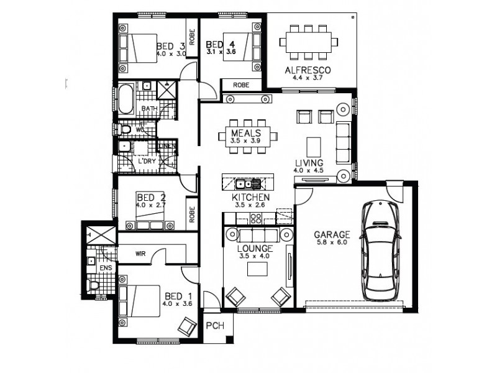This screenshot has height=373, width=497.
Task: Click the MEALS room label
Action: (x=245, y=134)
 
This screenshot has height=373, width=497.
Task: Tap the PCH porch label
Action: (x=214, y=325)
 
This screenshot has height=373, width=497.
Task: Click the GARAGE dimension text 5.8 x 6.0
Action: (x=331, y=244)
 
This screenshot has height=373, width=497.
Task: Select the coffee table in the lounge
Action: (x=257, y=269)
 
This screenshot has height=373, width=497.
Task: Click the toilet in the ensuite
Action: (x=94, y=285)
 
